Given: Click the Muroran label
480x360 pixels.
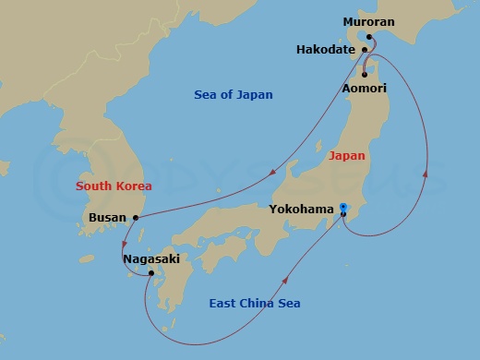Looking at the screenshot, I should [x=369, y=20].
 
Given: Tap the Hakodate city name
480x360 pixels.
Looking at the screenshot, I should [x=326, y=50].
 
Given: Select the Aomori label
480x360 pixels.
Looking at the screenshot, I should [x=364, y=88].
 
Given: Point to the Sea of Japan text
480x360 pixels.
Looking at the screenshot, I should [x=234, y=95].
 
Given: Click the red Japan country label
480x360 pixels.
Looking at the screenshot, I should [x=347, y=156].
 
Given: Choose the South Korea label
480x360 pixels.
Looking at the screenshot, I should [x=114, y=186].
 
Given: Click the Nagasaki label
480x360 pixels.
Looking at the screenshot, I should [x=150, y=260].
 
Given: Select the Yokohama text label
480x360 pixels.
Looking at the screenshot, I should [x=301, y=210].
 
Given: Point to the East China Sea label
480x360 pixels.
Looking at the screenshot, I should [x=254, y=304].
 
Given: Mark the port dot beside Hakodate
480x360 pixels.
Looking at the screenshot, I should [x=365, y=50].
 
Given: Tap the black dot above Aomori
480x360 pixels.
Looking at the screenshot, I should [x=365, y=74].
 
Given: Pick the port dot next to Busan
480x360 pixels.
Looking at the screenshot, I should [x=136, y=218].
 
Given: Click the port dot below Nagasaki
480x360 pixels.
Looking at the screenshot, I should [x=151, y=273].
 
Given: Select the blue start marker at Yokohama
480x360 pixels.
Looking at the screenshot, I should [x=342, y=207].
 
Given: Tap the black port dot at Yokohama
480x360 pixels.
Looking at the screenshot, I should [x=342, y=215].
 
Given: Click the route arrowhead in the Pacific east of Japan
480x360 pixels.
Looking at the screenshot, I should [x=426, y=173].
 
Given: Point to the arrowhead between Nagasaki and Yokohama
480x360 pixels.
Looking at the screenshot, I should [x=286, y=278].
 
